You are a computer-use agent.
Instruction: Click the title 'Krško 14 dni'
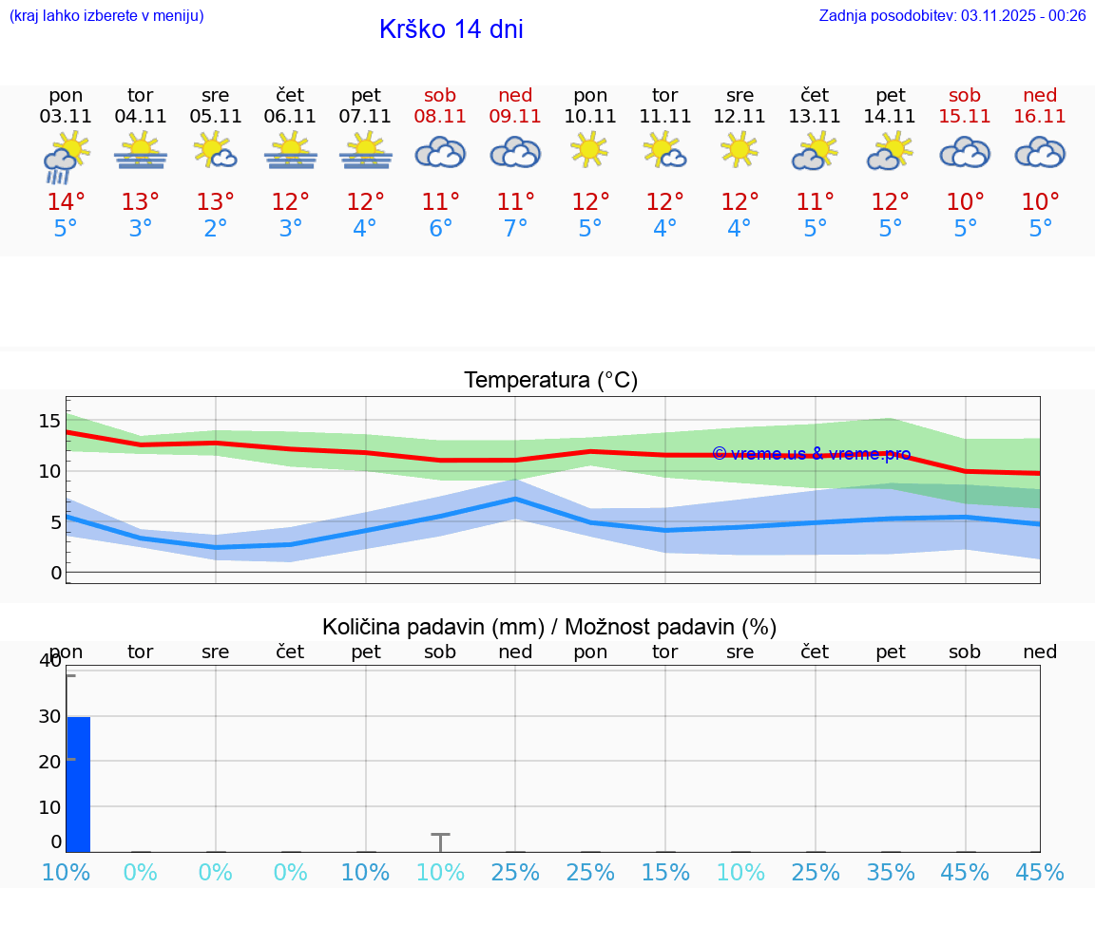coord(451,29)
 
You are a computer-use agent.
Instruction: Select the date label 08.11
coord(440,116)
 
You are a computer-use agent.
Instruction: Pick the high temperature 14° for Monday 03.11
coord(66,201)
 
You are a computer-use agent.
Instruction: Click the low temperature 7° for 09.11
coord(515,229)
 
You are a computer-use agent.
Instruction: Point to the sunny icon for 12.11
coord(740,150)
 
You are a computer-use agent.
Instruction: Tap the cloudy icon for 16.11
coord(1040,152)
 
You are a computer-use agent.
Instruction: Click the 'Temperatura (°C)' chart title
coord(550,380)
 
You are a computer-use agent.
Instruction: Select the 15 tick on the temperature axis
coord(49,421)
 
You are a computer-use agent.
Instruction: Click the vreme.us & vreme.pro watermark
coord(812,454)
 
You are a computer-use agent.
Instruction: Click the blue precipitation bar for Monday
coord(78,784)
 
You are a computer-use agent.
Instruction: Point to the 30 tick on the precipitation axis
coord(49,716)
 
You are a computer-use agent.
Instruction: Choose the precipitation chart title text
coord(549,627)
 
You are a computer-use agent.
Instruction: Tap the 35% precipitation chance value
coord(891,872)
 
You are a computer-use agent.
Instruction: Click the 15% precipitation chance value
coord(665,872)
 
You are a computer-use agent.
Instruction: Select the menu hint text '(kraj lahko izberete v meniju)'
coord(106,15)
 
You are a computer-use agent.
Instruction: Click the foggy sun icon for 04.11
coord(141,152)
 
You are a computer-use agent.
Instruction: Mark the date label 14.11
coord(890,116)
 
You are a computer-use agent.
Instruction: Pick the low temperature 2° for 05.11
coord(216,229)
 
